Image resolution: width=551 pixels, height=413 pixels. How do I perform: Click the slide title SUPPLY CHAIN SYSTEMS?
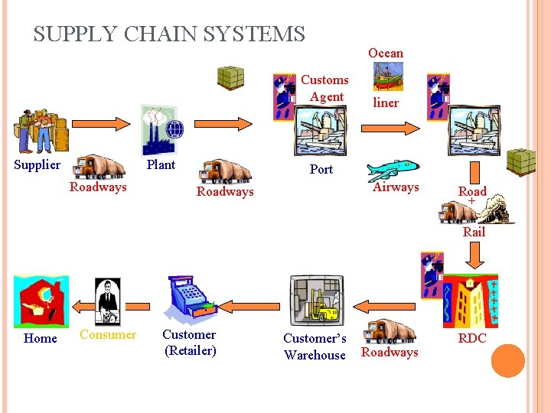(169, 34)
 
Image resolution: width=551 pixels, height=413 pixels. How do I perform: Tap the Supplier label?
(37, 165)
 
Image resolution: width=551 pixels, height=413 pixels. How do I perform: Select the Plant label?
(161, 165)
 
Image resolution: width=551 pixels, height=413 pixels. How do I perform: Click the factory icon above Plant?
(161, 131)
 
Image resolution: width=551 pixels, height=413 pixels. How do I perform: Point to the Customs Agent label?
(324, 88)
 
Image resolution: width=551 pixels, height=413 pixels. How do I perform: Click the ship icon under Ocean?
(388, 76)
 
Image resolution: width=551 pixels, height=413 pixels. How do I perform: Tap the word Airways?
(396, 187)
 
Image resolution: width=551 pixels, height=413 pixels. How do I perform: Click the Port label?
(321, 170)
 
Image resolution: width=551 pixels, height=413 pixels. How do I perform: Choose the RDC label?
(472, 339)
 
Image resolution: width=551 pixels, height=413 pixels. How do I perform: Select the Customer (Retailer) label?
(189, 343)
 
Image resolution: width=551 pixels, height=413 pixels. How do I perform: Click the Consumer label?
(108, 334)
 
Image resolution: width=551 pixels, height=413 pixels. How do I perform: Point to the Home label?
(41, 339)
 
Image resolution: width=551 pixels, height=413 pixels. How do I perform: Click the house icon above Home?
(41, 303)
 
